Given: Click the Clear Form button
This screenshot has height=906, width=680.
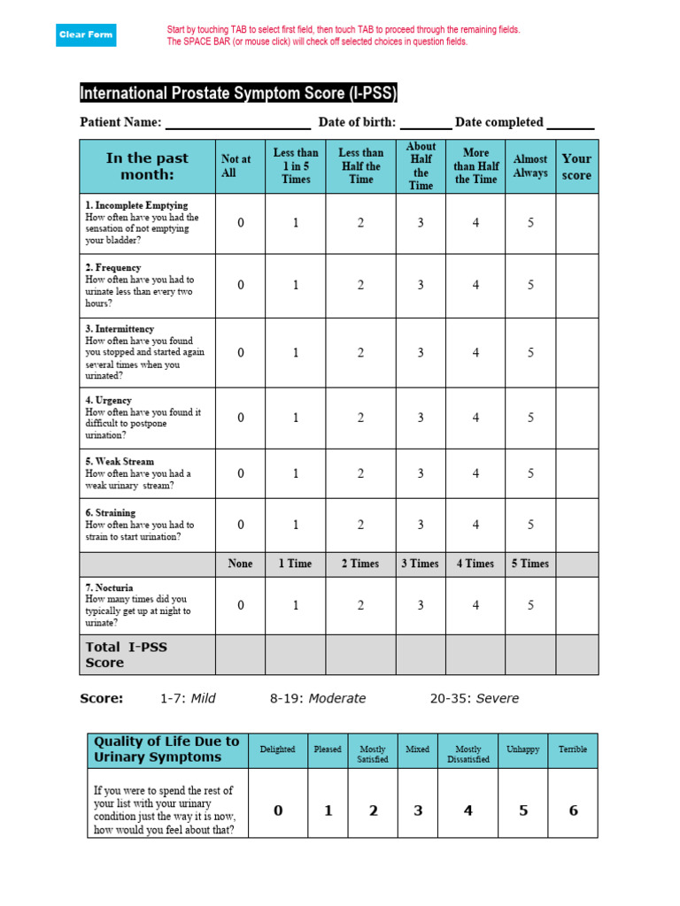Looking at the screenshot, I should click(86, 35).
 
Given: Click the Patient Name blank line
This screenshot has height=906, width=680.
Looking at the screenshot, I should click(237, 123).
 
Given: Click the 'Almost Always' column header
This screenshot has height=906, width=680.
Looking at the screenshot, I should click(530, 166).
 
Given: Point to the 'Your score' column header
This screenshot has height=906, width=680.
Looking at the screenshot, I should click(576, 166).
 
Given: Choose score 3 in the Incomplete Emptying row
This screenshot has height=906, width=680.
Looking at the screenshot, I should click(421, 223).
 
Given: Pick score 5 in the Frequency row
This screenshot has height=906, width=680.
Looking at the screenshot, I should click(530, 285).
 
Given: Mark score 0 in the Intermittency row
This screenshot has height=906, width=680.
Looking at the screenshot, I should click(240, 352).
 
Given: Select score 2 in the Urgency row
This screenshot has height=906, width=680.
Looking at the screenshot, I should click(360, 418).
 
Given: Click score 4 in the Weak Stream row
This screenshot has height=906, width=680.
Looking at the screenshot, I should click(475, 473).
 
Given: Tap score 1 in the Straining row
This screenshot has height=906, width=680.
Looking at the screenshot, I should click(296, 525).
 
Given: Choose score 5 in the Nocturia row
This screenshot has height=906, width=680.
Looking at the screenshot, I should click(530, 605).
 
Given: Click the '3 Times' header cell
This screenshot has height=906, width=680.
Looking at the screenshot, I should click(421, 564).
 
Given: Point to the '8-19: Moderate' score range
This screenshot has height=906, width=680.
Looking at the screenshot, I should click(318, 698).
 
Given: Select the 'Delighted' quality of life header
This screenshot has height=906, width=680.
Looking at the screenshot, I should click(277, 749).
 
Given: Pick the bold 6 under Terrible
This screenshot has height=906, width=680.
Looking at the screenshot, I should click(573, 810).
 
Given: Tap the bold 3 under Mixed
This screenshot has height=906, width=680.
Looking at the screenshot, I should click(418, 810).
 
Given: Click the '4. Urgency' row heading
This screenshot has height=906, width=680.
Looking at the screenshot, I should click(109, 400).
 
